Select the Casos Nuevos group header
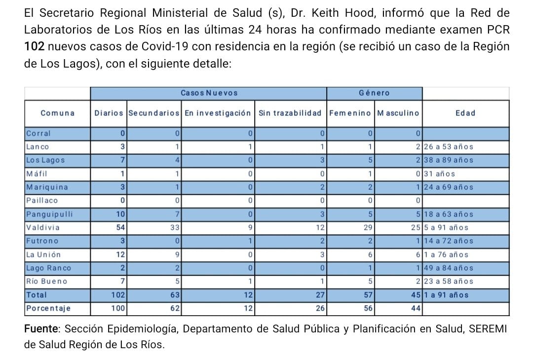[x=209, y=93]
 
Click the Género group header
[x=374, y=93]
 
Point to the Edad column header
[x=465, y=113]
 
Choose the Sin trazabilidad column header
[x=290, y=113]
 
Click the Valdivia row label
[x=43, y=228]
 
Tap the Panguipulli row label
[x=49, y=215]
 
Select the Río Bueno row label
[x=46, y=282]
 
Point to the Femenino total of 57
[x=368, y=295]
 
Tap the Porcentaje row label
[x=48, y=309]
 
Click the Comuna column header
[x=57, y=113]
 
